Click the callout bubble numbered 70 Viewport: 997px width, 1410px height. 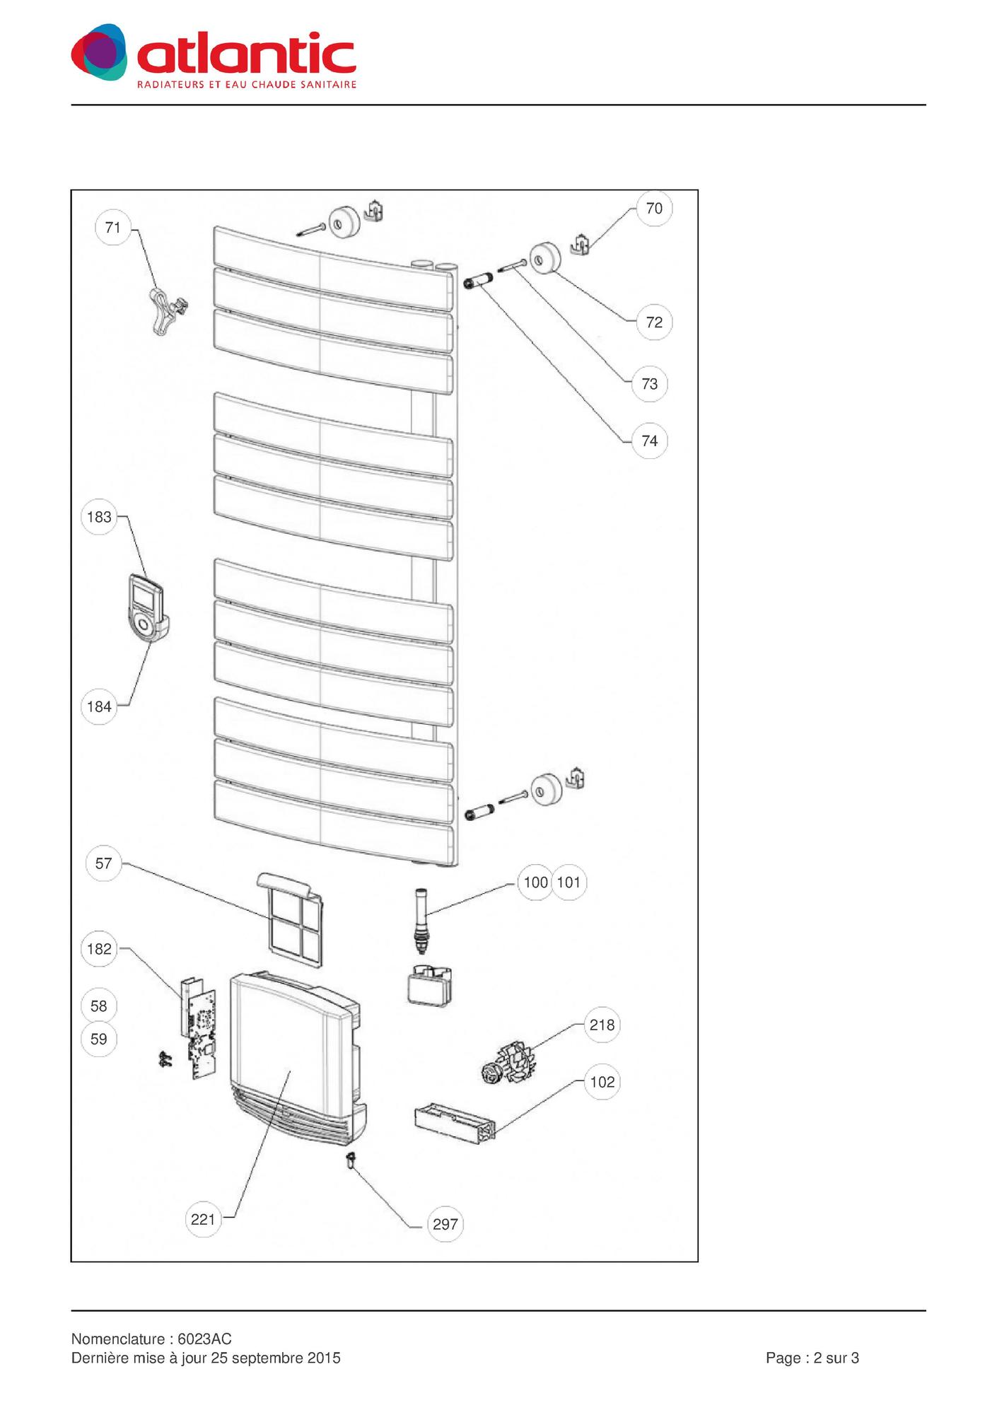click(x=654, y=208)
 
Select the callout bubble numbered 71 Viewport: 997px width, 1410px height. click(x=112, y=227)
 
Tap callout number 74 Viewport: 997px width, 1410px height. click(x=649, y=441)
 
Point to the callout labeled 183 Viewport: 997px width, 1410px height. click(x=99, y=517)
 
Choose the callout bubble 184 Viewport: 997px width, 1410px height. click(x=99, y=706)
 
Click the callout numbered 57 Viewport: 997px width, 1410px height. click(x=103, y=863)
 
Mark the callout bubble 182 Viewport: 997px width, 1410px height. click(x=99, y=948)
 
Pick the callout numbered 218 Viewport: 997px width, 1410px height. click(x=602, y=1025)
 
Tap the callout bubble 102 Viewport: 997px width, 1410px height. click(x=602, y=1082)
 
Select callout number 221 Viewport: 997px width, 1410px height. click(x=203, y=1220)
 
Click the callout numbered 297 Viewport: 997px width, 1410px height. click(x=445, y=1224)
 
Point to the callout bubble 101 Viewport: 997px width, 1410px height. click(x=569, y=882)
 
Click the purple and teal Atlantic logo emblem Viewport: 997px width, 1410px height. click(x=100, y=52)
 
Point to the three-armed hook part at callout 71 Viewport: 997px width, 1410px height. click(x=168, y=311)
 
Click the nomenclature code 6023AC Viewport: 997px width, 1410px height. click(x=204, y=1339)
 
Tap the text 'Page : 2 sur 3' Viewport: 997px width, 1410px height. click(x=812, y=1358)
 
